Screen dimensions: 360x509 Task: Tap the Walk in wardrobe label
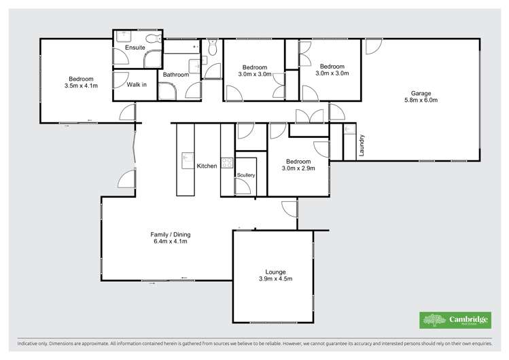tap(138, 85)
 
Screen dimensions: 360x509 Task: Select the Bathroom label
tap(175, 75)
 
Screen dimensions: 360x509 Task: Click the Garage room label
tap(421, 93)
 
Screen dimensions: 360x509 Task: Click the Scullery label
tap(245, 175)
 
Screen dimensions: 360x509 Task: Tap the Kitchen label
tap(207, 166)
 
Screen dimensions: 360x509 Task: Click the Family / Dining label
tap(169, 234)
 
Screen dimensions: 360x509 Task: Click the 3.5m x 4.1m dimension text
tap(81, 86)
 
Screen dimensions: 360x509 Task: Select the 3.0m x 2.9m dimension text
tap(299, 168)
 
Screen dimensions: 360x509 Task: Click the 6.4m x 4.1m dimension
tap(169, 242)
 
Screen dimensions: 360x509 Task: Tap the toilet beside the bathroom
tap(211, 47)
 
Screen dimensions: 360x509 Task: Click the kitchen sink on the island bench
tap(186, 160)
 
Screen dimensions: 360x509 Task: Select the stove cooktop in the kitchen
tap(228, 163)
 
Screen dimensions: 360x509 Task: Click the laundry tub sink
tap(349, 129)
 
